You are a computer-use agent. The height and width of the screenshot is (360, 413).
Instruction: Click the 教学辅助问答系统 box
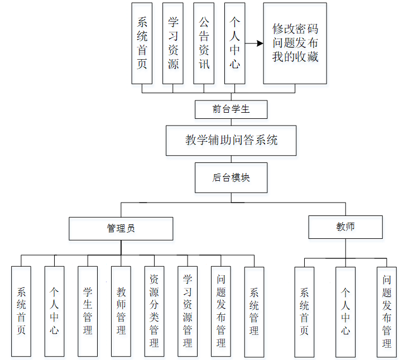coord(231,140)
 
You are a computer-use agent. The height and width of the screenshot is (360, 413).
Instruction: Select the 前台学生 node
coord(231,109)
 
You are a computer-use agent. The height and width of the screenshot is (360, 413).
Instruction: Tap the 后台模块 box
coord(231,177)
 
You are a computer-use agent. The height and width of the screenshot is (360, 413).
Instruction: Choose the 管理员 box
coord(121,228)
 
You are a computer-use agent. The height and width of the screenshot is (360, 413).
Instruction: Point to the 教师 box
coord(345,227)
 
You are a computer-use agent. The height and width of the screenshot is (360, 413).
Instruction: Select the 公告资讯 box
coord(204,43)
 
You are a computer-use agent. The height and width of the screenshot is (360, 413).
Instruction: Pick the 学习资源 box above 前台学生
coord(173,43)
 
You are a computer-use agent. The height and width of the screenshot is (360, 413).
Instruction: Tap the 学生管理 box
coord(88,311)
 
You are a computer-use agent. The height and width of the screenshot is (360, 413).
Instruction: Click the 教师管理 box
coord(121,311)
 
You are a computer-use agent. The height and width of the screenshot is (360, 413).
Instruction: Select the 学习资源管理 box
coord(188,311)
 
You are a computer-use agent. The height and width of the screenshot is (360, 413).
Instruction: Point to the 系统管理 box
coord(254,311)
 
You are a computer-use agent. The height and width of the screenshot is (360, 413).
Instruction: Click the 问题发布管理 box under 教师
coord(387,311)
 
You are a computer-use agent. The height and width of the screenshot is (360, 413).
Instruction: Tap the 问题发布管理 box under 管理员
coord(221,311)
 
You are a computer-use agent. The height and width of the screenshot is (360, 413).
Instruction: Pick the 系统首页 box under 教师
coord(304,311)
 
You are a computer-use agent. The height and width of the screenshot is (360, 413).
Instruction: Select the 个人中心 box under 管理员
coord(54,311)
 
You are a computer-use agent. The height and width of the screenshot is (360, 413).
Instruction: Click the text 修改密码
coord(295,29)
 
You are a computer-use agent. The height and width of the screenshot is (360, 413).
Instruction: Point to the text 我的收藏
coord(295,56)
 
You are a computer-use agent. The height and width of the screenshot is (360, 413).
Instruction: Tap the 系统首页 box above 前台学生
coord(142,43)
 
